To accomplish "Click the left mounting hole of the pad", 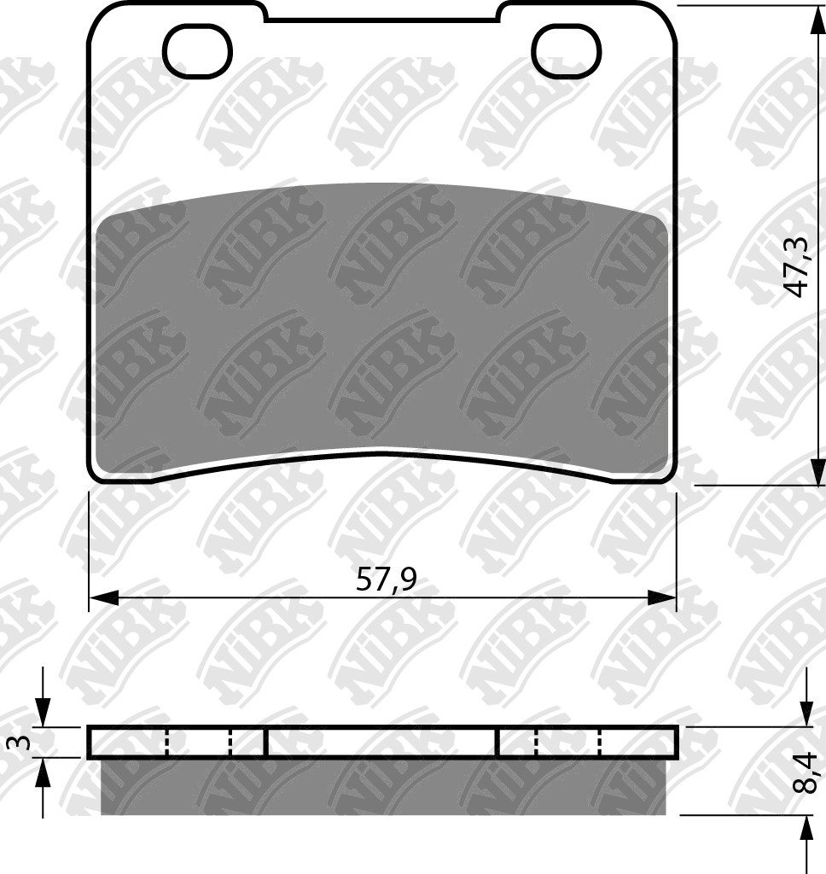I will coord(197,51).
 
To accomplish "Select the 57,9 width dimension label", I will coord(386,580).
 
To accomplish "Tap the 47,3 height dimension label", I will coord(797,267).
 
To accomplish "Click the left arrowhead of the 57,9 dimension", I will coord(103,597).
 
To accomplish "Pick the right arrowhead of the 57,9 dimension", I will coord(662,597).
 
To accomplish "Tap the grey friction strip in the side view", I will coord(383,786).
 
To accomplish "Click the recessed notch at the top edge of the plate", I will coord(381,15).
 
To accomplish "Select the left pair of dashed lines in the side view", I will coord(199,743).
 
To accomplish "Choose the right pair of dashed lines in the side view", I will coord(568,743).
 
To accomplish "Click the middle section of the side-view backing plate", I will coord(381,743).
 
